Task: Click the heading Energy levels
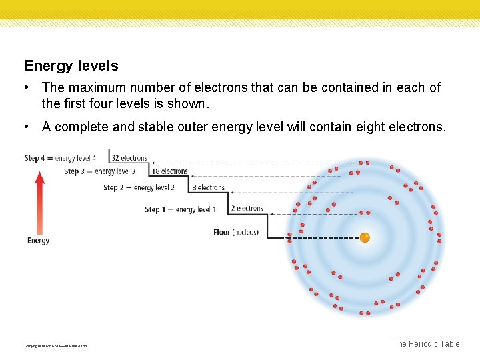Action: (71, 66)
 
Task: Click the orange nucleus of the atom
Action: (365, 237)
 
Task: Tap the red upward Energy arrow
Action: (39, 203)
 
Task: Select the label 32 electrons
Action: (129, 158)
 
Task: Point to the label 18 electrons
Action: (170, 171)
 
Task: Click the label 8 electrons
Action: (209, 188)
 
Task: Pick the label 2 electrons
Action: (247, 209)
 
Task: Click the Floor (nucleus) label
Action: (235, 233)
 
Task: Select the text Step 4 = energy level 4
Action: (60, 158)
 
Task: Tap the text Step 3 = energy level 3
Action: (100, 171)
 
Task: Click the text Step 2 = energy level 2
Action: (139, 188)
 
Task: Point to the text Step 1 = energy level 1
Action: (181, 209)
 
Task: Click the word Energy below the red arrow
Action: (39, 241)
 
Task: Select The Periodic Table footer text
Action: (426, 344)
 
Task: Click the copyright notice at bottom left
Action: (55, 346)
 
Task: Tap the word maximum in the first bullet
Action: (93, 87)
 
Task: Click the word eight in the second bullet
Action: (363, 127)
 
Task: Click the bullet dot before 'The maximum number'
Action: (25, 87)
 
